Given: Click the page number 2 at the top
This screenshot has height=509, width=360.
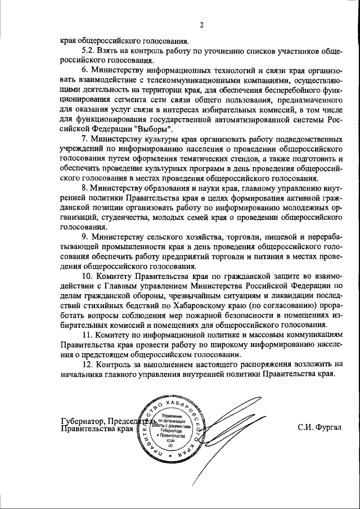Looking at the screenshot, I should (x=201, y=24).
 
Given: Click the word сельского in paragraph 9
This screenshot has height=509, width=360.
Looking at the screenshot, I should (x=168, y=236).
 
